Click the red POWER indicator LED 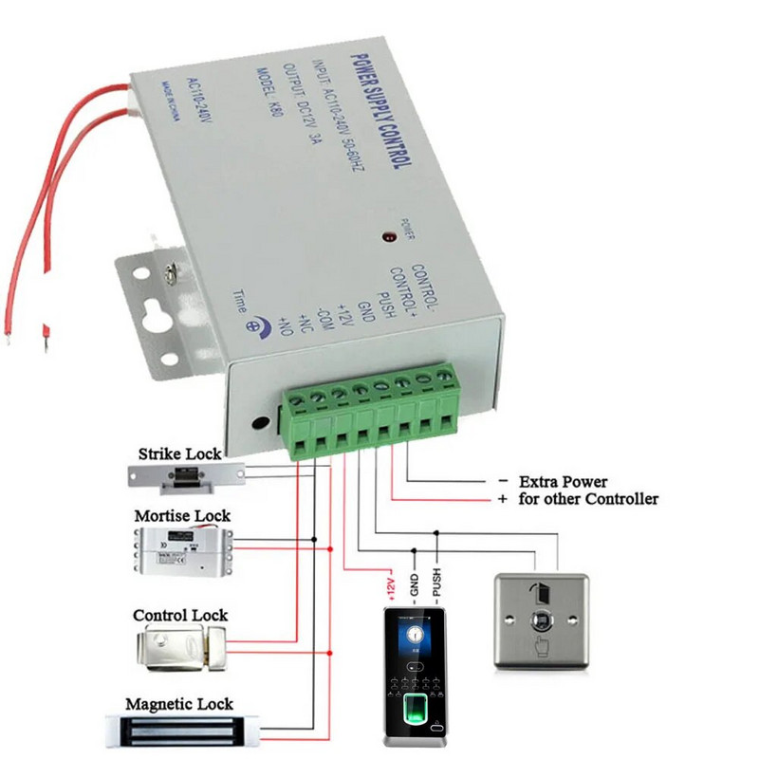click(x=387, y=234)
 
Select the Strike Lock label click(x=186, y=454)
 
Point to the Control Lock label click(x=180, y=616)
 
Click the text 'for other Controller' click(x=587, y=499)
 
